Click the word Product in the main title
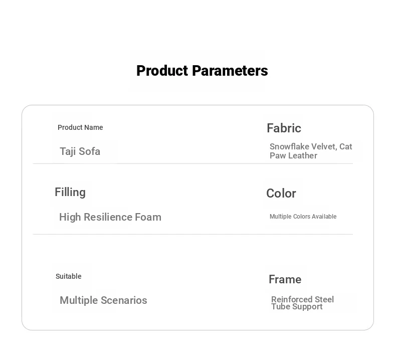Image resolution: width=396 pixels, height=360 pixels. (163, 71)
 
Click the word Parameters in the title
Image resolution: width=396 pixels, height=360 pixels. (230, 71)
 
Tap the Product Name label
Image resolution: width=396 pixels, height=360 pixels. (80, 127)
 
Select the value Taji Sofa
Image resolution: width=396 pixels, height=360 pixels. (80, 151)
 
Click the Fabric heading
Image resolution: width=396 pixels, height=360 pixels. (284, 128)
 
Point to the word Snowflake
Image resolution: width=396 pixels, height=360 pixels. (289, 146)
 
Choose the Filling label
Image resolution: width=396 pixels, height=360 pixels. (70, 193)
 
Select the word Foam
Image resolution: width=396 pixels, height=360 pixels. (148, 217)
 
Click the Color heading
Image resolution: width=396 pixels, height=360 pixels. (281, 194)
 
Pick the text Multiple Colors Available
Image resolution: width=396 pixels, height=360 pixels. (303, 217)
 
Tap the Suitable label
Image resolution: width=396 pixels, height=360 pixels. (69, 276)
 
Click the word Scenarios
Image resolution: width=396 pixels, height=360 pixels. (124, 300)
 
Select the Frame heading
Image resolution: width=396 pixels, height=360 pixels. (285, 279)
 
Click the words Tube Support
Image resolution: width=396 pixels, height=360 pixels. (297, 307)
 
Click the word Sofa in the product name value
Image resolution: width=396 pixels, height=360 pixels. (89, 151)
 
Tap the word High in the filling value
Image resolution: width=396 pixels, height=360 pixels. (70, 217)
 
